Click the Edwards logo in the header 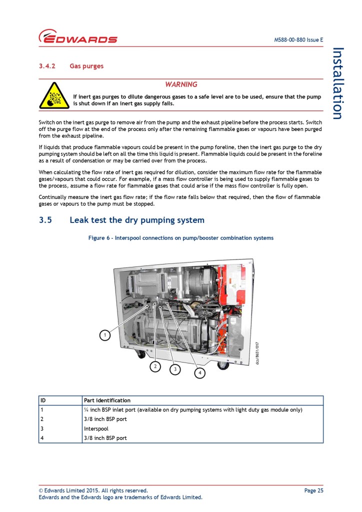pos(78,37)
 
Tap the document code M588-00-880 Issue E pos(298,40)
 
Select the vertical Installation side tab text pos(338,83)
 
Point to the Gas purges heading pos(86,66)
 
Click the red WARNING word pos(181,84)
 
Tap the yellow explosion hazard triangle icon pos(54,95)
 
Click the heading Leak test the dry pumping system pos(137,220)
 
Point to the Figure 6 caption pos(181,238)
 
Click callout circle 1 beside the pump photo pos(104,335)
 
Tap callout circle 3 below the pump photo pos(175,369)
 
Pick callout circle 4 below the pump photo pos(199,373)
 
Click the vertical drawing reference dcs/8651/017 pos(257,353)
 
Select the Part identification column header pos(107,400)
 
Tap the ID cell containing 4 pos(42,438)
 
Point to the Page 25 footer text pos(313,490)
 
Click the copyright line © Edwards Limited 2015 pos(93,490)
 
